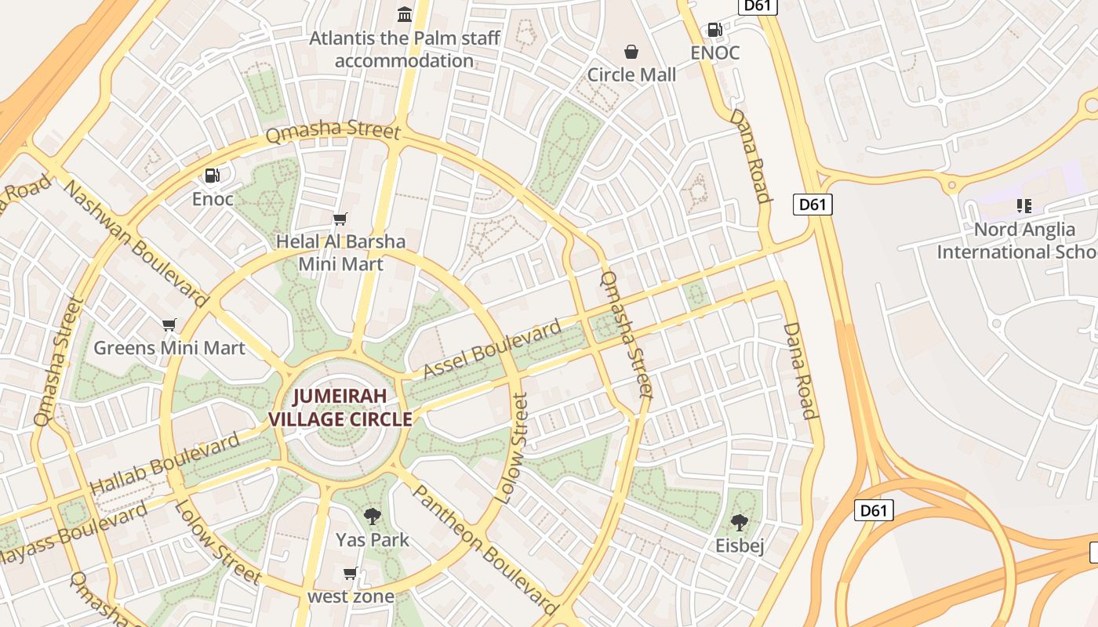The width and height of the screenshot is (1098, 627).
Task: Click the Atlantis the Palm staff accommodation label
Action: click(404, 49)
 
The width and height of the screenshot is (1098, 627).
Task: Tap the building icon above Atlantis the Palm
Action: click(405, 14)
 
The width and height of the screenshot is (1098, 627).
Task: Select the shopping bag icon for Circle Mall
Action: click(631, 52)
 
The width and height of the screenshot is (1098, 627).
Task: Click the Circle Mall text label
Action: click(631, 75)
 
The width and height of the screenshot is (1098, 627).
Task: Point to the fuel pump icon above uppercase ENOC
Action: click(714, 30)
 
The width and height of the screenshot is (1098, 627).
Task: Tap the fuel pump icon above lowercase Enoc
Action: click(213, 176)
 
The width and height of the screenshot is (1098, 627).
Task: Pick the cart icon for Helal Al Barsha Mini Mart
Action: click(340, 219)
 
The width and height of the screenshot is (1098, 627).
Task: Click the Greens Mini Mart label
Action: click(169, 347)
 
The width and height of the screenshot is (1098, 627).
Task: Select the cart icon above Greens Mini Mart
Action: click(169, 324)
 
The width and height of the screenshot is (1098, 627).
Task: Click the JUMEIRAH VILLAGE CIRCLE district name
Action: click(340, 408)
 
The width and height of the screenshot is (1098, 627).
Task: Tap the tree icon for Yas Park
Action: click(373, 516)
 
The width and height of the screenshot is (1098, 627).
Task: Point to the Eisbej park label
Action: click(739, 545)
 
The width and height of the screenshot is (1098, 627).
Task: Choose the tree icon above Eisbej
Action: click(739, 522)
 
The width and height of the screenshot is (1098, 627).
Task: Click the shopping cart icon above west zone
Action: click(351, 573)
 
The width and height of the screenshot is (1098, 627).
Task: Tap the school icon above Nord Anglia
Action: click(1023, 206)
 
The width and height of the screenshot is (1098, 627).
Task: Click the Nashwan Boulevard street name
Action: click(136, 244)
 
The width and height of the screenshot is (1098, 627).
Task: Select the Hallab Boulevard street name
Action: click(165, 463)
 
